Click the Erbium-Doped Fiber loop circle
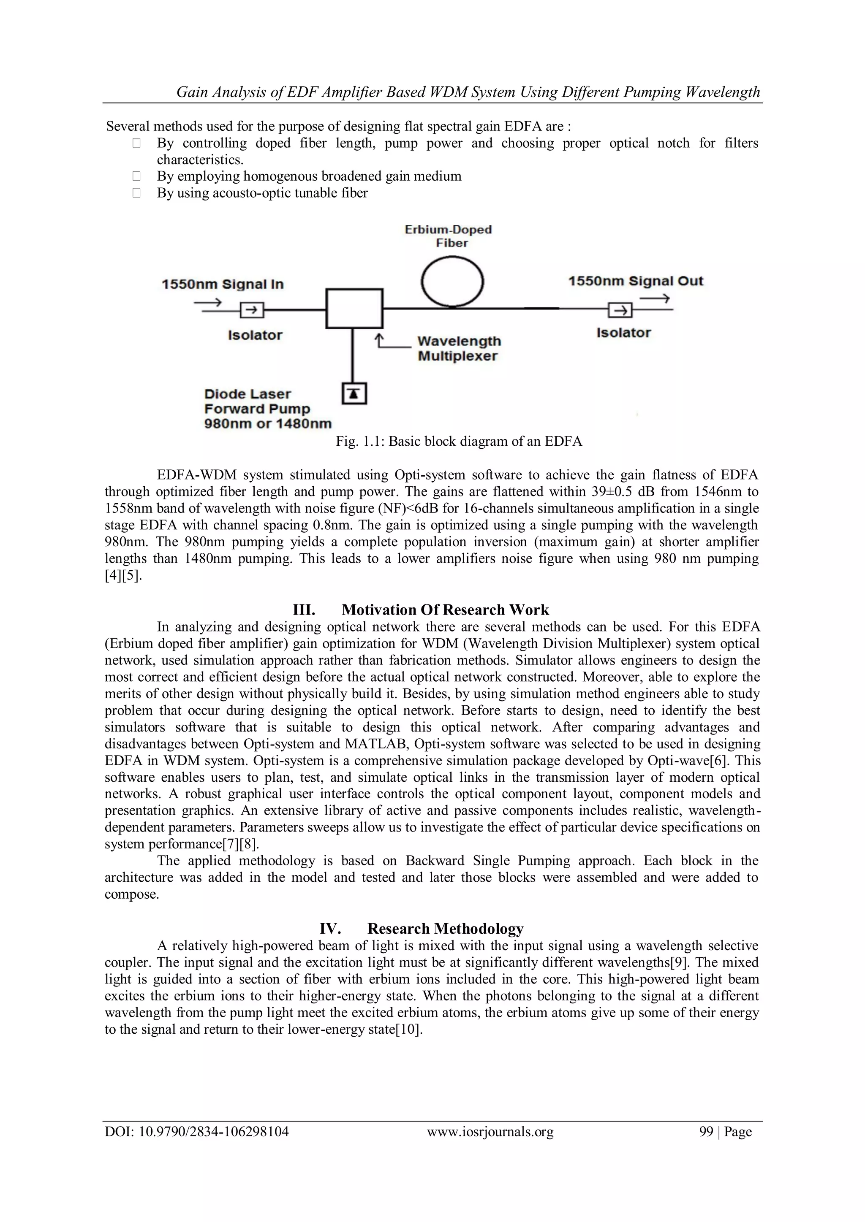(452, 282)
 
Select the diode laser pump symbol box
(354, 394)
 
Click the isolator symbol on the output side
(620, 309)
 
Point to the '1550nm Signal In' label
(223, 284)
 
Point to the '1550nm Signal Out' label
(635, 281)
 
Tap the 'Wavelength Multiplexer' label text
(459, 349)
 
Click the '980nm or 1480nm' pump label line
(267, 424)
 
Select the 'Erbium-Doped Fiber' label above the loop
(448, 236)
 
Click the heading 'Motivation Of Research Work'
(445, 610)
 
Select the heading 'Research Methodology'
(445, 928)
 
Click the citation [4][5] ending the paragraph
(123, 575)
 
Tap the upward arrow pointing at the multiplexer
(379, 340)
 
